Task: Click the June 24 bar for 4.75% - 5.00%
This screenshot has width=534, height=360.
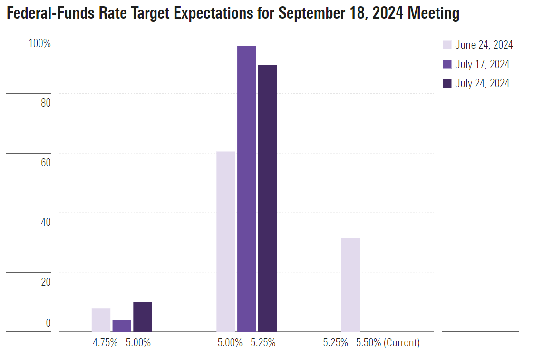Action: coord(101,320)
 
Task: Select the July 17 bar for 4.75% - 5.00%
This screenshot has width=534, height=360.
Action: coord(122,326)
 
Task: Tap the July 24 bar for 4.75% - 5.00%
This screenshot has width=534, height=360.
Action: coord(143,317)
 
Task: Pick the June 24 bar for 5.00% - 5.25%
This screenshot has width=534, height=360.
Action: coord(226,242)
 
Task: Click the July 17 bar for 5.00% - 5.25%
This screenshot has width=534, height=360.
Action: coord(246,189)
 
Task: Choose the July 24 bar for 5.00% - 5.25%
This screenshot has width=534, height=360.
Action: coord(267,198)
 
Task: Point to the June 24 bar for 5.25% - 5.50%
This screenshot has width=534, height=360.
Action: coord(350,285)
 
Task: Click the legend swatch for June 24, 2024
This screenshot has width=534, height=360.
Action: coord(447,45)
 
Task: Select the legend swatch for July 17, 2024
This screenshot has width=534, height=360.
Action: coord(447,64)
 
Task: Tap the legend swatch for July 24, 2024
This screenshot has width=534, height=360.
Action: coord(447,83)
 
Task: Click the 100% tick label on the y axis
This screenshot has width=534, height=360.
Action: coord(39,44)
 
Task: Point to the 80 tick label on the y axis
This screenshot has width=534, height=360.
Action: coord(46,103)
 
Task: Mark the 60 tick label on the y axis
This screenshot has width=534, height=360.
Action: coord(46,163)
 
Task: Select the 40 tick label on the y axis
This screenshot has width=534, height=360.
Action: coord(46,222)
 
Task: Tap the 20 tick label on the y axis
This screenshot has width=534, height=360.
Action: coord(46,282)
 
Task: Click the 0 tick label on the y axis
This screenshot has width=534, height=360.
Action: coord(48,323)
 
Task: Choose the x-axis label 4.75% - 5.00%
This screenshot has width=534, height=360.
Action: coord(122,342)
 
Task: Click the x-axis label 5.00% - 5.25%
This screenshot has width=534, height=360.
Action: coord(246,342)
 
